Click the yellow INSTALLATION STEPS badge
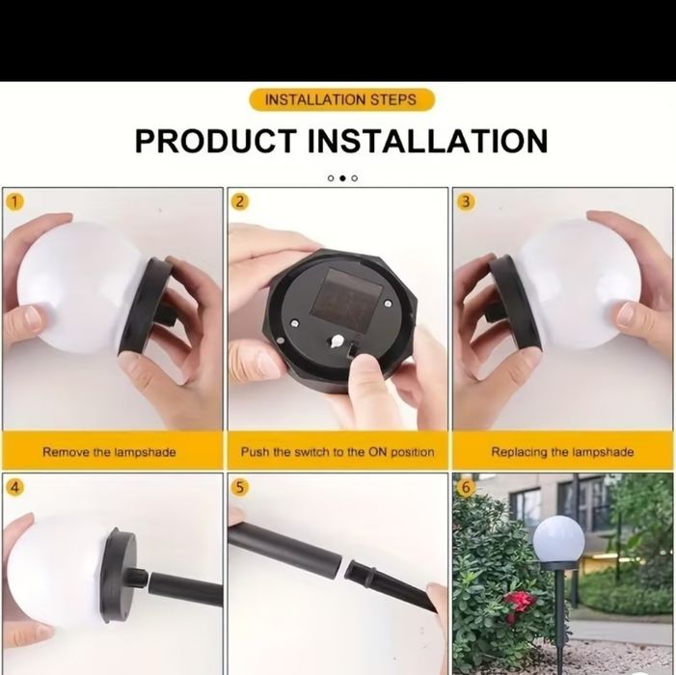click(x=341, y=100)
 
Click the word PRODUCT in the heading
click(x=216, y=141)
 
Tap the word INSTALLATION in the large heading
click(x=427, y=141)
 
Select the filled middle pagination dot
click(x=342, y=178)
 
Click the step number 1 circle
click(x=14, y=202)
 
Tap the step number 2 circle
click(x=240, y=202)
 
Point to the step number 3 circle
click(x=466, y=202)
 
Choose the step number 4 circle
click(x=14, y=488)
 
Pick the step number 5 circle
click(x=240, y=488)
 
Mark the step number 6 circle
click(x=466, y=488)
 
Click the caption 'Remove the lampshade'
click(x=109, y=452)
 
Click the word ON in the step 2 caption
click(x=378, y=452)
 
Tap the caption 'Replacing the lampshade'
click(x=562, y=452)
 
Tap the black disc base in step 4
click(x=120, y=574)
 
